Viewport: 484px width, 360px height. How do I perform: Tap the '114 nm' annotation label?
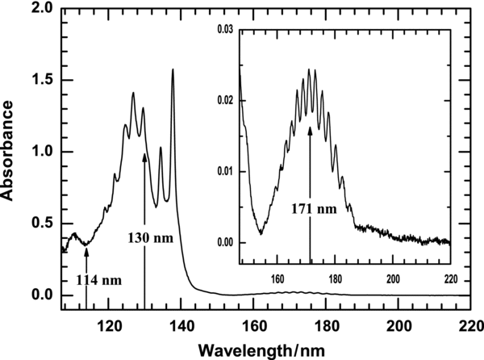[x=100, y=280]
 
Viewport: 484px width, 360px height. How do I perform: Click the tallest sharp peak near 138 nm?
[x=173, y=70]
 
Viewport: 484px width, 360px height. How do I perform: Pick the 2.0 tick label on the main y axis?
[x=42, y=9]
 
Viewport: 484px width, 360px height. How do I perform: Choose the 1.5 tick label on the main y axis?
[x=42, y=81]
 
